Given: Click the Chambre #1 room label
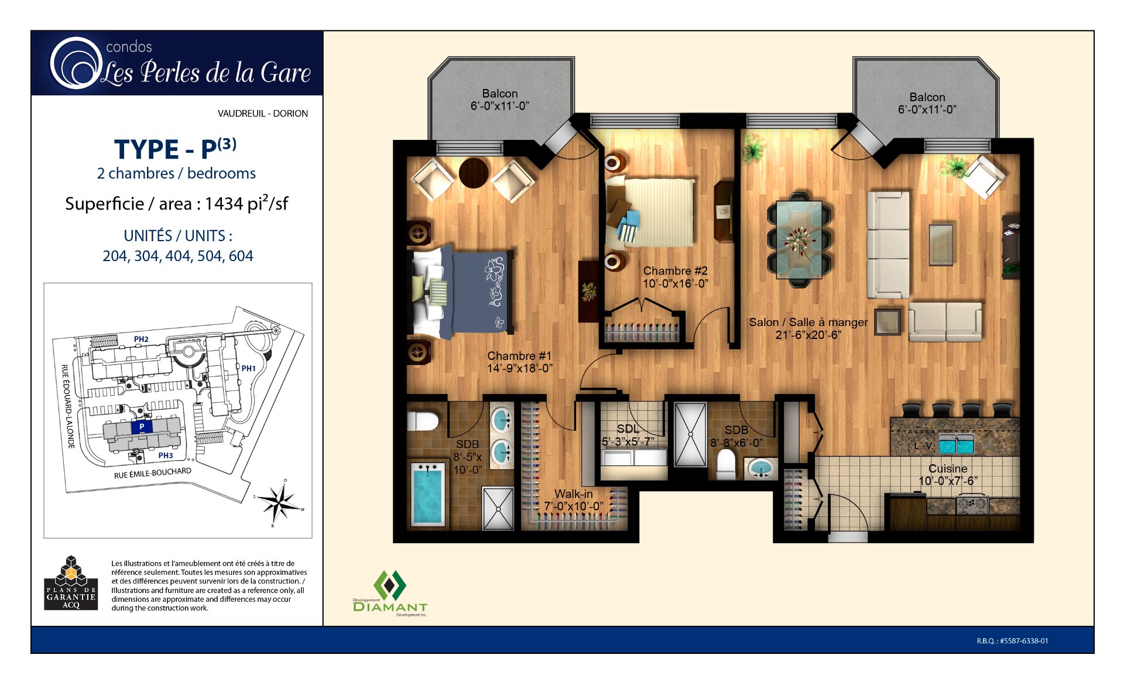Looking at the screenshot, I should pyautogui.click(x=519, y=356).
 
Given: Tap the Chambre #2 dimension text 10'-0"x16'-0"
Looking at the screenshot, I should pyautogui.click(x=675, y=284).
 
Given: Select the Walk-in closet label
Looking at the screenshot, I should pyautogui.click(x=573, y=494).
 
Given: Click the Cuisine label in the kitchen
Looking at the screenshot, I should pyautogui.click(x=948, y=469).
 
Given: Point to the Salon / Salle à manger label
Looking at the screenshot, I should pyautogui.click(x=808, y=323).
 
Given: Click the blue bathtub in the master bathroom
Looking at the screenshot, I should pyautogui.click(x=428, y=495).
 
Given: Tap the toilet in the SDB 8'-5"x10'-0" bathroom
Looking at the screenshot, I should pyautogui.click(x=423, y=421).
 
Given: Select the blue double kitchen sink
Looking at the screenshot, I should pyautogui.click(x=955, y=445).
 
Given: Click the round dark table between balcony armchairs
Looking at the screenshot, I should pyautogui.click(x=473, y=173).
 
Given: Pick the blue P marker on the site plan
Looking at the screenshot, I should pyautogui.click(x=142, y=427).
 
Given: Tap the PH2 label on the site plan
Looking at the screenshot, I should pyautogui.click(x=141, y=339).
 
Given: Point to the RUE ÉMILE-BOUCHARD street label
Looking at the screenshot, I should pyautogui.click(x=152, y=473).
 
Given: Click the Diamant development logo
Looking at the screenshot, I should pyautogui.click(x=390, y=593).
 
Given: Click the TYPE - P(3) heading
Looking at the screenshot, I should pyautogui.click(x=175, y=149).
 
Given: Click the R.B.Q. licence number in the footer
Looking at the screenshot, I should pyautogui.click(x=1012, y=641).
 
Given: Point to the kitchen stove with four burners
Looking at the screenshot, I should pyautogui.click(x=971, y=503).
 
